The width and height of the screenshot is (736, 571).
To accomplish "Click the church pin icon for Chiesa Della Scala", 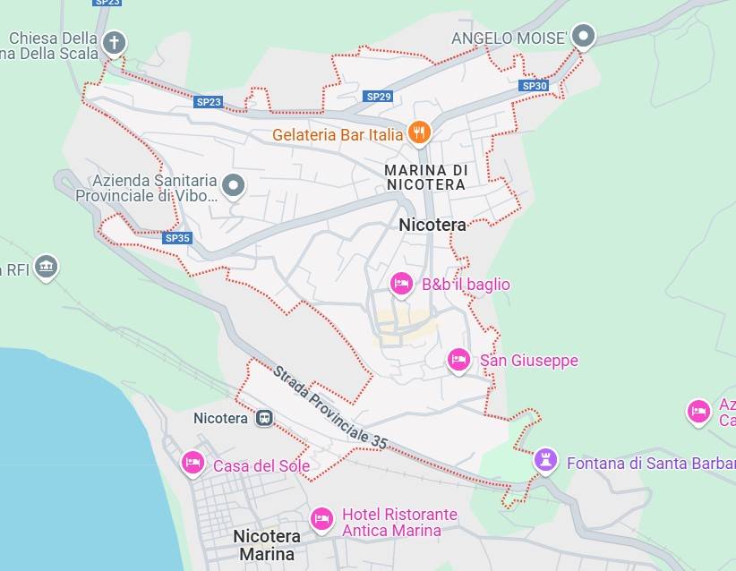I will (x=114, y=41).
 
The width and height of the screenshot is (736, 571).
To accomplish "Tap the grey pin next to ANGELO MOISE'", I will (x=584, y=37).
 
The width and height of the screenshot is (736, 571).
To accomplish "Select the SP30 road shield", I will (x=534, y=86).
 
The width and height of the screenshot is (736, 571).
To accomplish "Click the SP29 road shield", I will (x=379, y=96).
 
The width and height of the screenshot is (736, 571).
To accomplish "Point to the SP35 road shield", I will (x=177, y=238).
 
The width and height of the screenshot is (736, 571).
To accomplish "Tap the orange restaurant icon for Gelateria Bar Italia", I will (x=419, y=133).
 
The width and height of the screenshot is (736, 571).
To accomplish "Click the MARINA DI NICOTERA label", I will (x=426, y=177).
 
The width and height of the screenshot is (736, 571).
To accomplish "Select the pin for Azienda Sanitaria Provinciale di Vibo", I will (x=234, y=185).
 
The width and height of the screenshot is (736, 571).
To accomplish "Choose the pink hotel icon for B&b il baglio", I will (x=402, y=284).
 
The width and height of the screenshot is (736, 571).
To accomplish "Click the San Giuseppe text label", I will (x=528, y=361).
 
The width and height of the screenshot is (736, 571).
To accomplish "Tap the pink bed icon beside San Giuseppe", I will (x=458, y=360).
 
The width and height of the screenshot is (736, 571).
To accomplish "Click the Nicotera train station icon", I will (x=263, y=418).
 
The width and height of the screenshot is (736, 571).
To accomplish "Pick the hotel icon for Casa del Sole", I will (x=193, y=463).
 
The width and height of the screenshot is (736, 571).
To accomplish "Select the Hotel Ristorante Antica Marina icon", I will (x=321, y=518).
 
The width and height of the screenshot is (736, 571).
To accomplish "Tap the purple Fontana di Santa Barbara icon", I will (x=544, y=461).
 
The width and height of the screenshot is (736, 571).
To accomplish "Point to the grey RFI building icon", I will (x=47, y=267).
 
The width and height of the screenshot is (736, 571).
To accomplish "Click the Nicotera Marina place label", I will (x=267, y=545).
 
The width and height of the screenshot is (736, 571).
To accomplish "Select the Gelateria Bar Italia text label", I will (x=338, y=135).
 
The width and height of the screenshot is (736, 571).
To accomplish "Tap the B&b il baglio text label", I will (x=466, y=285).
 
